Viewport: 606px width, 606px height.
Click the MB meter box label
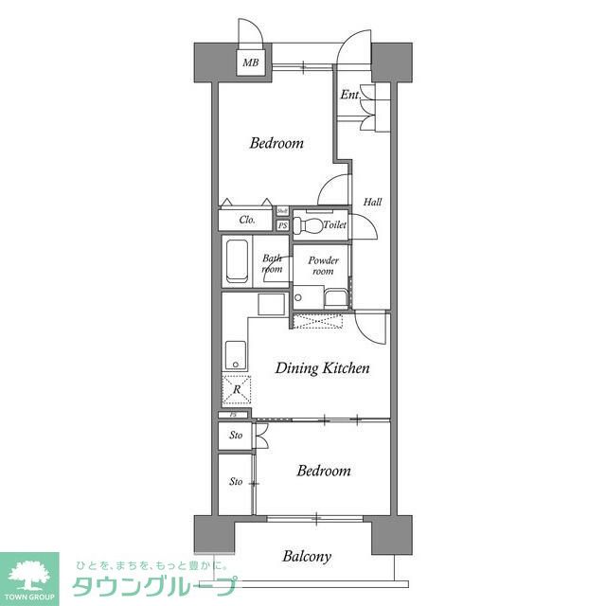point(250,63)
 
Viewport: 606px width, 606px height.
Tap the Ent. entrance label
point(349,94)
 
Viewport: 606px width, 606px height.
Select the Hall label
point(372,202)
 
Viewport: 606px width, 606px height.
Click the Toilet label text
point(334,225)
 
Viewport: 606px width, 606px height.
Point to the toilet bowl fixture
point(304,225)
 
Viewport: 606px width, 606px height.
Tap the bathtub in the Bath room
point(237,261)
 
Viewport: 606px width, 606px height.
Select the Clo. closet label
point(246,220)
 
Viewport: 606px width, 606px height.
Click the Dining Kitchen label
point(322,368)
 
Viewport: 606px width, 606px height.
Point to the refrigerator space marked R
point(237,389)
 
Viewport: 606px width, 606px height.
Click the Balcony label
point(307,556)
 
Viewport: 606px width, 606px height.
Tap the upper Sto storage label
point(236,436)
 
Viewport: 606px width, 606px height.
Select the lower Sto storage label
point(236,482)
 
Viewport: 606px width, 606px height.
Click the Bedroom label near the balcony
point(323,471)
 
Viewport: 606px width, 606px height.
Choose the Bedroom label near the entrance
point(276,144)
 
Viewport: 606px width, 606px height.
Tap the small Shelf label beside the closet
point(282,211)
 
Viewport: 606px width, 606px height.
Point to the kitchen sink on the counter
point(236,358)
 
